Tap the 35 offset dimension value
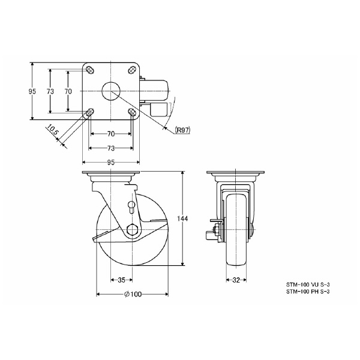(121, 279)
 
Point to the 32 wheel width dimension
(236, 279)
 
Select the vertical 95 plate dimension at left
(32, 91)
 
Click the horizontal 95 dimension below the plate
(111, 162)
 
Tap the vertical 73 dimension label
(51, 91)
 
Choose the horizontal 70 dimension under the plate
(111, 134)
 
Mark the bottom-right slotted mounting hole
(132, 112)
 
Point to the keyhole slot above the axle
(131, 208)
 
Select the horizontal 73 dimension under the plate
(111, 148)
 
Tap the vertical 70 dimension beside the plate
(68, 91)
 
